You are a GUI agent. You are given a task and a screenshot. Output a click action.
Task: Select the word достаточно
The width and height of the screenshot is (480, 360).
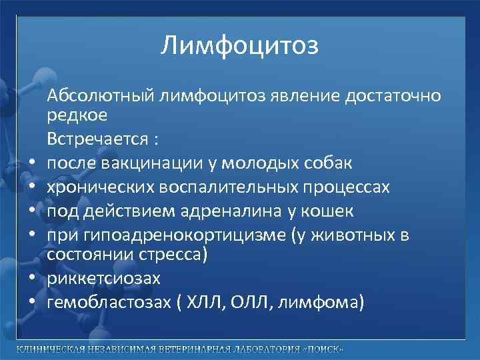(393, 96)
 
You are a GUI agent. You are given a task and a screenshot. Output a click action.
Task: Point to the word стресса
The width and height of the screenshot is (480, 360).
(173, 255)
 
